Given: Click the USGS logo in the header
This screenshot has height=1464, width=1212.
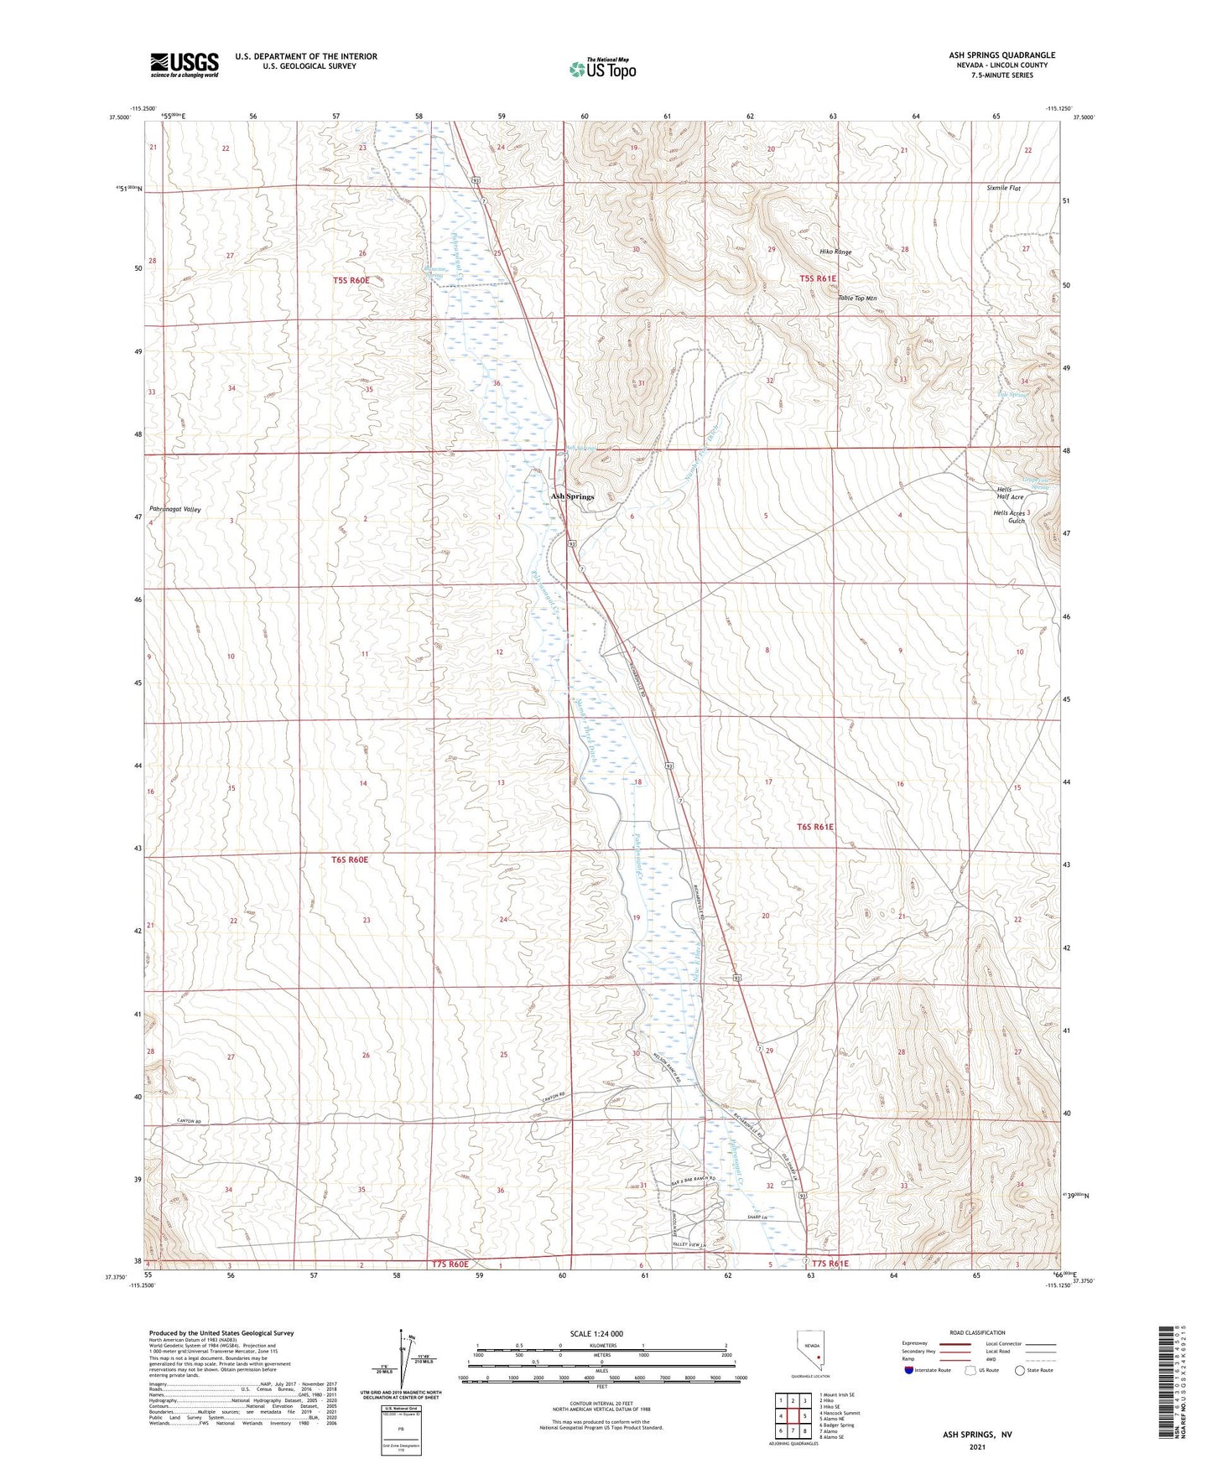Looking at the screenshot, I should pyautogui.click(x=185, y=65).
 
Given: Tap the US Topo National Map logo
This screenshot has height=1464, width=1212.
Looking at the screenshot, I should pyautogui.click(x=602, y=68).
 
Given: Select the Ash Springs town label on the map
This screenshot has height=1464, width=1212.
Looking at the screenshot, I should pyautogui.click(x=572, y=496).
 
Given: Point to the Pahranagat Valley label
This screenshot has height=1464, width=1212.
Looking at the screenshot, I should pyautogui.click(x=175, y=509).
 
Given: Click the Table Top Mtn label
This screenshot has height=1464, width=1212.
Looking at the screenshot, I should pyautogui.click(x=857, y=299).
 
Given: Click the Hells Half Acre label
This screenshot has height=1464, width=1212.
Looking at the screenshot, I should pyautogui.click(x=1010, y=493).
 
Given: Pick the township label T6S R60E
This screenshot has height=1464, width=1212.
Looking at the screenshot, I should pyautogui.click(x=350, y=859).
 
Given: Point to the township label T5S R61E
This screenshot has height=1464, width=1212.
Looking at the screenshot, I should pyautogui.click(x=817, y=278).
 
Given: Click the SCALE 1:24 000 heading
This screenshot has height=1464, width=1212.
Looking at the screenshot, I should pyautogui.click(x=596, y=1333).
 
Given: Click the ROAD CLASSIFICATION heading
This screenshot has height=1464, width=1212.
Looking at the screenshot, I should pyautogui.click(x=977, y=1332).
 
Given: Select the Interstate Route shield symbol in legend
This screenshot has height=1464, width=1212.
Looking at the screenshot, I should pyautogui.click(x=908, y=1370).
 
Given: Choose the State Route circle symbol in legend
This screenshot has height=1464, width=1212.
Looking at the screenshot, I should pyautogui.click(x=1020, y=1370).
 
